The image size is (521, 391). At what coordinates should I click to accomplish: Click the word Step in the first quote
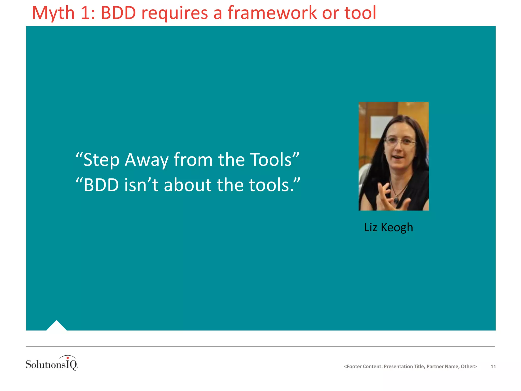[101, 160]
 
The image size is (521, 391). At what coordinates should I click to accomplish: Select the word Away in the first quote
[147, 160]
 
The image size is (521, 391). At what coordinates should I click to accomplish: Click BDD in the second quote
[101, 185]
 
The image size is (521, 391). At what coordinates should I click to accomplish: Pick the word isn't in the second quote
[141, 185]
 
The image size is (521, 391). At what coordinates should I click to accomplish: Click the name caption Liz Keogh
[388, 227]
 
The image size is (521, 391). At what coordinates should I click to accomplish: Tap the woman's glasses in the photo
[400, 141]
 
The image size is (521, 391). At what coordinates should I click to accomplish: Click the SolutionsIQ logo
[52, 364]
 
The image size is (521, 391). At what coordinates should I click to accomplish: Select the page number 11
[493, 367]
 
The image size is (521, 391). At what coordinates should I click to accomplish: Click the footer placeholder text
[410, 367]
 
